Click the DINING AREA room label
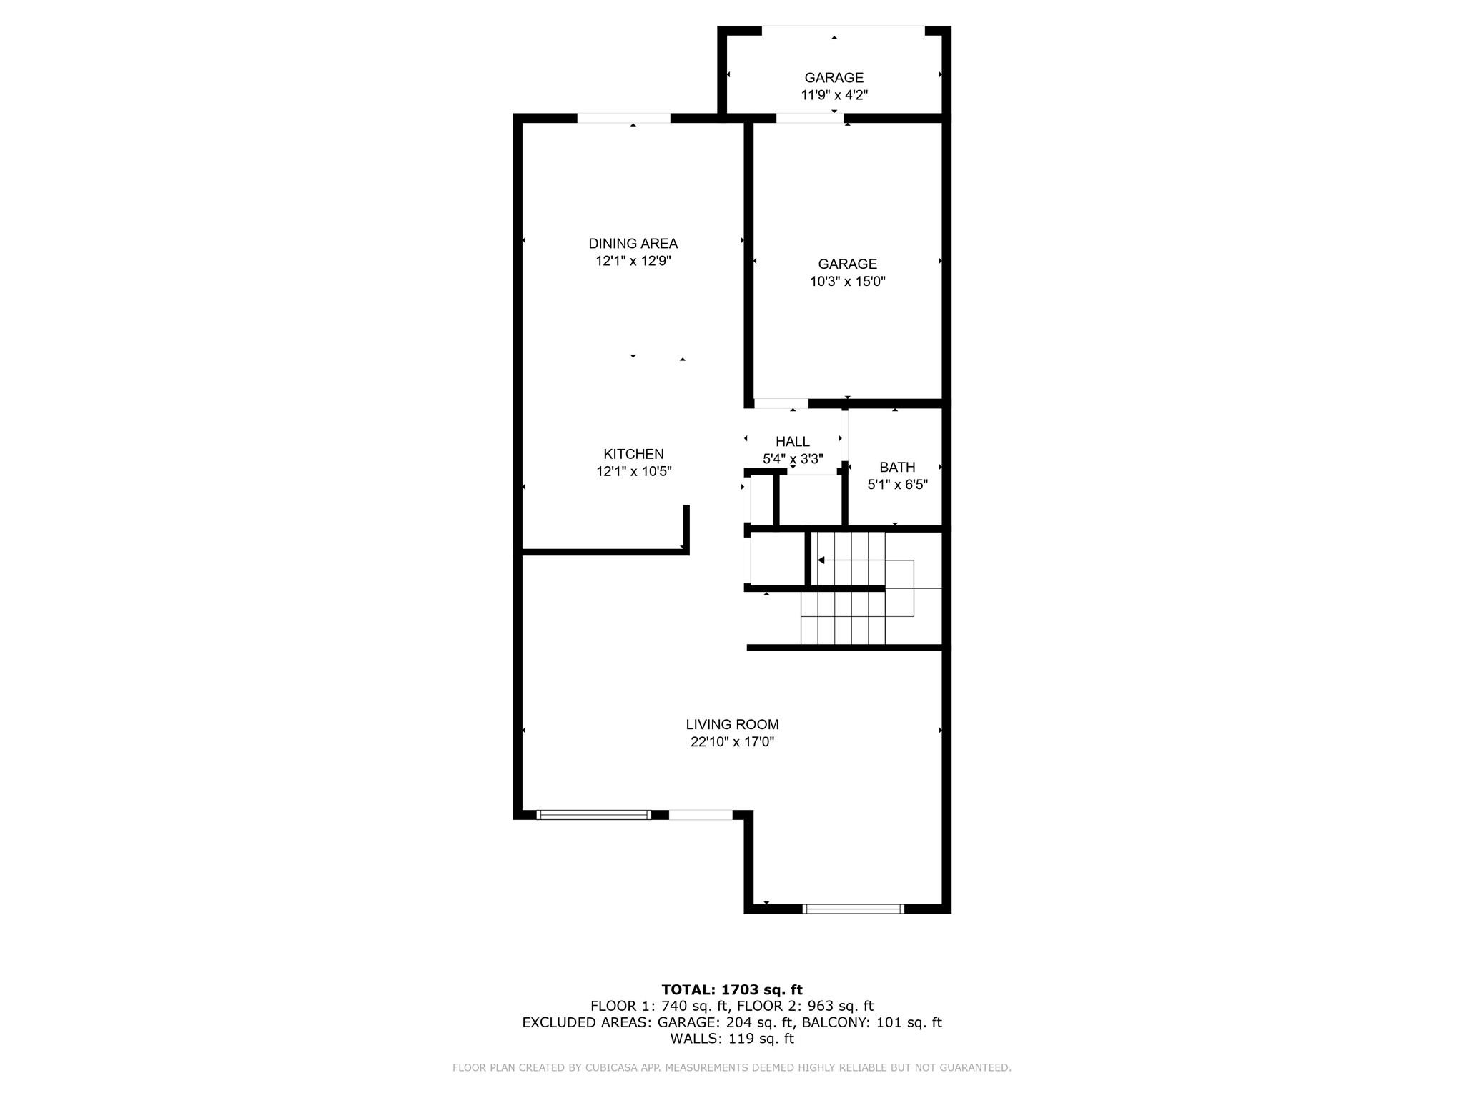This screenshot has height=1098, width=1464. [x=633, y=244]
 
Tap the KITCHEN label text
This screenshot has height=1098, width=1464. [x=633, y=454]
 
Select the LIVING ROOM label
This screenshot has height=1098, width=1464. [x=732, y=725]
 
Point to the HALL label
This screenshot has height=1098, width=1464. [x=792, y=442]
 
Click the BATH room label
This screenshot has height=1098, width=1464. [x=897, y=468]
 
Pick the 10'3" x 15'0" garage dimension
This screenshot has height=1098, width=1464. [x=847, y=282]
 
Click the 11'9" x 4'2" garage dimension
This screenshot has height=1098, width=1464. [x=834, y=95]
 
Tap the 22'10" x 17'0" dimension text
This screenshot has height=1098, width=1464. [x=732, y=742]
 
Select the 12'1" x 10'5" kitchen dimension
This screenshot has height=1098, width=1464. [x=633, y=472]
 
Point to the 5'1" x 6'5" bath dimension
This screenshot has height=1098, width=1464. [x=897, y=485]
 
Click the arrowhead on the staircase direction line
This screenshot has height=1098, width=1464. [x=821, y=560]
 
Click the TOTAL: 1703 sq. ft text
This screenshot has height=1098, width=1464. [x=732, y=990]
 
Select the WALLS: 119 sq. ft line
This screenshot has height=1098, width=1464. [x=732, y=1039]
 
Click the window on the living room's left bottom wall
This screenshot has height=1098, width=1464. [x=593, y=815]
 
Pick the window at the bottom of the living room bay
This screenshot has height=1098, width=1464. [x=853, y=909]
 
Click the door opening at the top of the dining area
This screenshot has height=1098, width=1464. [x=623, y=118]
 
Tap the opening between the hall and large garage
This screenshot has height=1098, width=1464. [x=781, y=404]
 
